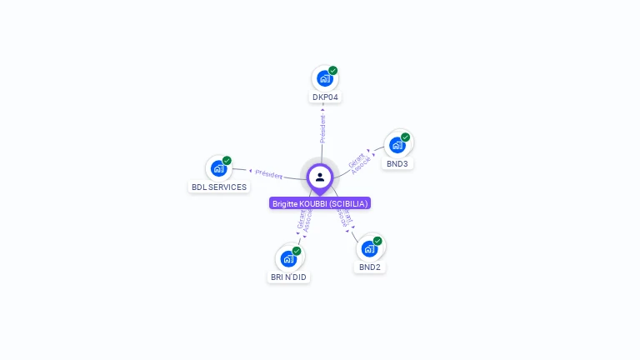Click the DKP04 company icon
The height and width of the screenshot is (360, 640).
click(324, 79)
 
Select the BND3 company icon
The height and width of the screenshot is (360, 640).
click(397, 145)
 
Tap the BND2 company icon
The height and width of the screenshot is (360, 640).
click(369, 248)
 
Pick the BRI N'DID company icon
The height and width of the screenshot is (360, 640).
click(288, 258)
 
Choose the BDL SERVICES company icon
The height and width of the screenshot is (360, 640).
click(218, 168)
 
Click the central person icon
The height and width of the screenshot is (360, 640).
click(320, 177)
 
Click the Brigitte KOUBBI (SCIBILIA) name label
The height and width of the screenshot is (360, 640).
click(320, 203)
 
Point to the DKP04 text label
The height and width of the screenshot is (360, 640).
click(325, 97)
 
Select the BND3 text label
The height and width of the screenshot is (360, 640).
click(397, 164)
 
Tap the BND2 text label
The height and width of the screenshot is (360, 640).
click(370, 267)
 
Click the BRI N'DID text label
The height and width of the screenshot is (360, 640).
click(288, 277)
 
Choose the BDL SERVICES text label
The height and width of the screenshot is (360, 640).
click(219, 187)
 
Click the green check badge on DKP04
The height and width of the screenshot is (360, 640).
click(333, 71)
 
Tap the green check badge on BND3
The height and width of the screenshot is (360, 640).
click(406, 137)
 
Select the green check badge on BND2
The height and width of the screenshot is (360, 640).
click(377, 241)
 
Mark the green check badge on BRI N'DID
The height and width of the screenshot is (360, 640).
click(297, 251)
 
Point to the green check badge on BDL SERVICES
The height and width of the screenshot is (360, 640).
click(227, 160)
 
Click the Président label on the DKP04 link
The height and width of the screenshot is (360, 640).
click(322, 128)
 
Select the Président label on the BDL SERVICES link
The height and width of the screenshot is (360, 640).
click(268, 174)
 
